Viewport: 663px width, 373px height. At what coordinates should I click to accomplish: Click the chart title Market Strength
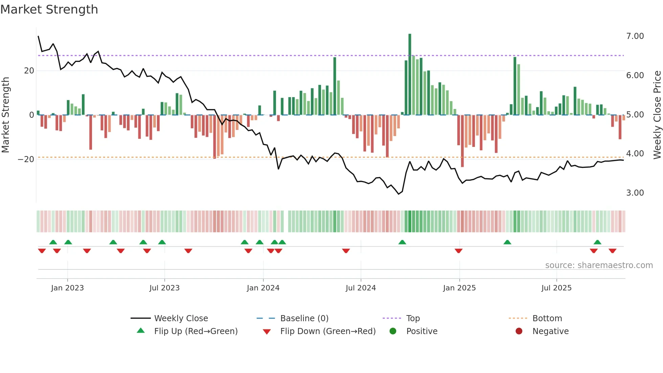49,9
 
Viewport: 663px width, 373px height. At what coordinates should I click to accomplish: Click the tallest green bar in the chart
410,74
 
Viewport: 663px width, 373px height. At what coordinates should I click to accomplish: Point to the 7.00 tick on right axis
635,36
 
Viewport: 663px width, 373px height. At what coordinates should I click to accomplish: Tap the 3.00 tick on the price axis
635,193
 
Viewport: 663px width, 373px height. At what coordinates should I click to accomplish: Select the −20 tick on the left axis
26,159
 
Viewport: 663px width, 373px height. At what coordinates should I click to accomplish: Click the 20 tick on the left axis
29,71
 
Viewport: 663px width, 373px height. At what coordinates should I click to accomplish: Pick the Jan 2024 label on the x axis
263,288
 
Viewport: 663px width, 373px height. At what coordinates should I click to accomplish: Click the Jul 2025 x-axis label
556,288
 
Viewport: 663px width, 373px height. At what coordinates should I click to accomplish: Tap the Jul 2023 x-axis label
164,288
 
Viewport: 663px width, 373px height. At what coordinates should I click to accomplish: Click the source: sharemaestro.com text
599,265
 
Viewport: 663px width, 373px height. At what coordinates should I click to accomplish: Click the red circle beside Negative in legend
519,331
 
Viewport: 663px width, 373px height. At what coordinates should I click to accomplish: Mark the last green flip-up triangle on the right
597,242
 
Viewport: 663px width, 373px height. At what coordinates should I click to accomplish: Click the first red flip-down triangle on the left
42,251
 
